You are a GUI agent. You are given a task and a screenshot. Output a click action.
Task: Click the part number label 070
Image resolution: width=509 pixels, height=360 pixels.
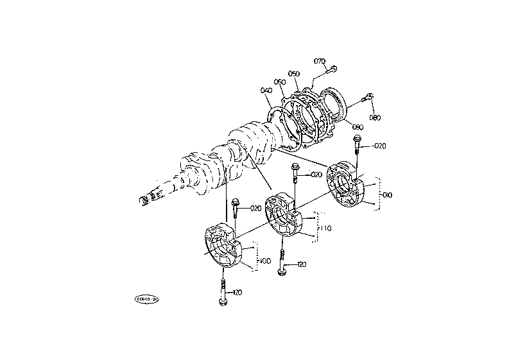tap(320, 62)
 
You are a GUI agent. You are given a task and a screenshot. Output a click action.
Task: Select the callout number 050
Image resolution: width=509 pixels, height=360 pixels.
tap(294, 74)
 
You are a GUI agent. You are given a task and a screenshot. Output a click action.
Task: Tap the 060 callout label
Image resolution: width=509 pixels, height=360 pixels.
tap(279, 81)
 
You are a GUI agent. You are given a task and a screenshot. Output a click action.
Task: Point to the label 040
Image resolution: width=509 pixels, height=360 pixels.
tap(266, 90)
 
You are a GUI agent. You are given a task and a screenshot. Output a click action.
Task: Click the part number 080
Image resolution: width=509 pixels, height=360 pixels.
tap(375, 117)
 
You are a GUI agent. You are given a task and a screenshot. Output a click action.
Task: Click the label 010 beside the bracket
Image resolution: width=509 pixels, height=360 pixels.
tap(387, 194)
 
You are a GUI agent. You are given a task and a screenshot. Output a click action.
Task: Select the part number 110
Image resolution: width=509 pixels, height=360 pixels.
tap(325, 228)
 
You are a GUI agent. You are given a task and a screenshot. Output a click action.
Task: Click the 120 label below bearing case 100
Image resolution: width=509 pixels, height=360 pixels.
tap(237, 293)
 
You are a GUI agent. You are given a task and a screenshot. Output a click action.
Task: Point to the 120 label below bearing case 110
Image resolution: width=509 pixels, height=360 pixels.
tap(301, 264)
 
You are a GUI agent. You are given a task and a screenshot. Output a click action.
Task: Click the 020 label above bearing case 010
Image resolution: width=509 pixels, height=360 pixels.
tap(379, 146)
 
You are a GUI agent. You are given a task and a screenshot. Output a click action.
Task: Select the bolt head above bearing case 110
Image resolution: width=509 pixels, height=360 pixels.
tap(295, 169)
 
